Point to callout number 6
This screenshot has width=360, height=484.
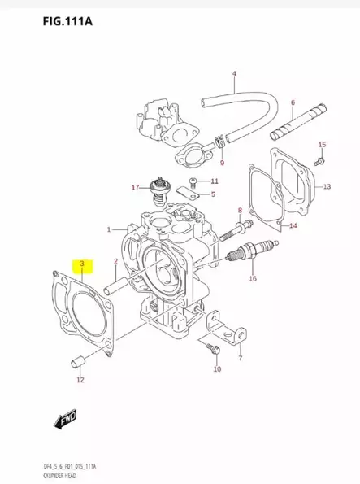(x=292, y=103)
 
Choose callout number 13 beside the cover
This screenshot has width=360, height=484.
(x=326, y=187)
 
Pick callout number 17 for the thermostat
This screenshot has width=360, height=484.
(x=136, y=187)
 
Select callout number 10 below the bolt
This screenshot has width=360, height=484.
(x=216, y=370)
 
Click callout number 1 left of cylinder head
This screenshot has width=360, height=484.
(x=108, y=231)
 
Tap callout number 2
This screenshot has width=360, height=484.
(x=116, y=261)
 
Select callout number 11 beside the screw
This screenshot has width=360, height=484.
(x=215, y=181)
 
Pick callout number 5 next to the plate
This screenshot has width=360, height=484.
(x=212, y=195)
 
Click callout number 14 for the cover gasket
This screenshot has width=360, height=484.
(x=293, y=225)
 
